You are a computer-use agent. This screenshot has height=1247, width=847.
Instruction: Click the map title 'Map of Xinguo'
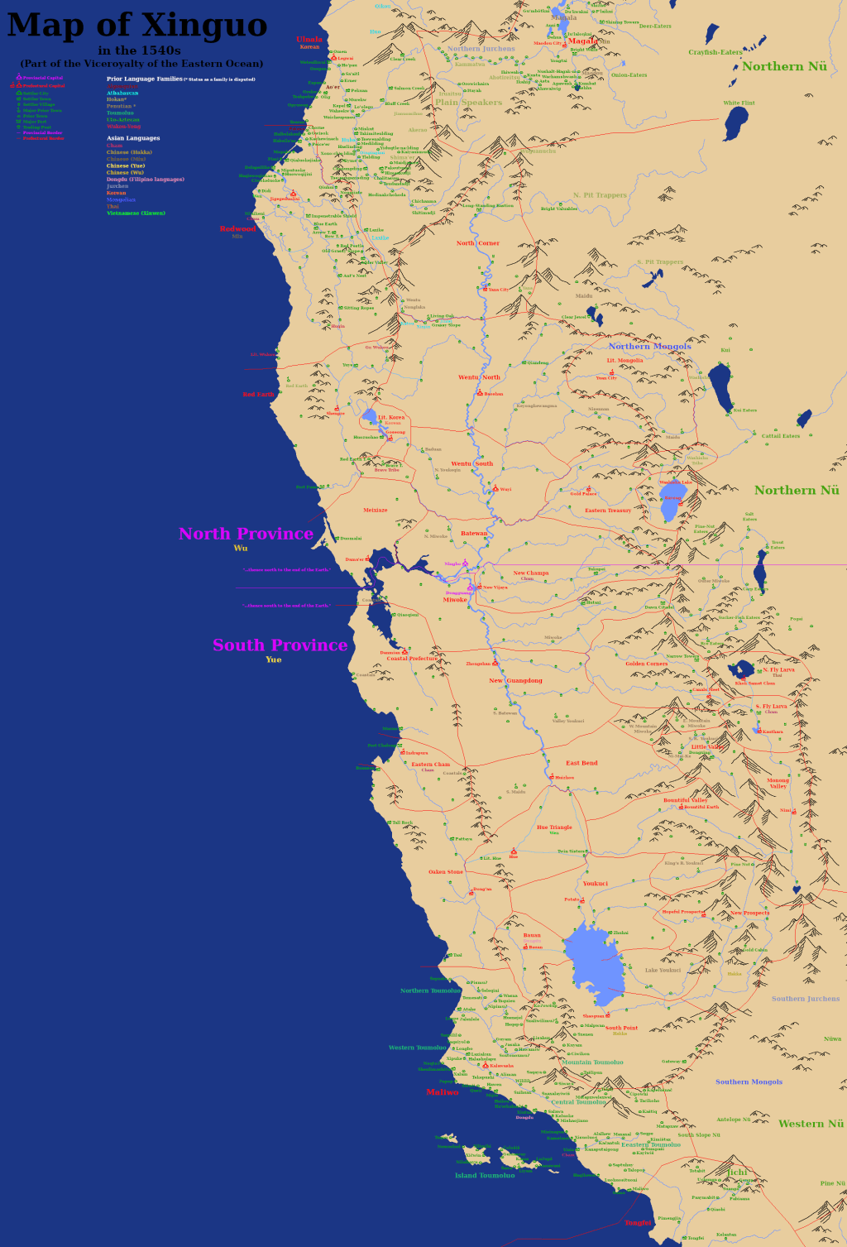click(137, 25)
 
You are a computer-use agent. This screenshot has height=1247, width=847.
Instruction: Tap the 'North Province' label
click(246, 534)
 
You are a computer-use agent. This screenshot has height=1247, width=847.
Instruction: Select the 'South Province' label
click(280, 645)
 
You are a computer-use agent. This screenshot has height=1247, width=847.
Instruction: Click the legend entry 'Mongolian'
click(121, 199)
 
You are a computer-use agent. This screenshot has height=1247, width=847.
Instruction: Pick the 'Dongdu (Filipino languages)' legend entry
click(145, 180)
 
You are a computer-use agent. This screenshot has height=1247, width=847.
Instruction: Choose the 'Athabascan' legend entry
click(122, 93)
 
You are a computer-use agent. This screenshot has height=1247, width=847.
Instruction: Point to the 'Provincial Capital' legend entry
click(42, 78)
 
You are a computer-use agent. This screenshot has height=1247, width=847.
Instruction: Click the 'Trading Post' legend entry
click(36, 127)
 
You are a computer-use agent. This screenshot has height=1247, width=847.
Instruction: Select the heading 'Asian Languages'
click(133, 138)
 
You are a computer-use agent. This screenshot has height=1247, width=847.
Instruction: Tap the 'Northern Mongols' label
click(649, 347)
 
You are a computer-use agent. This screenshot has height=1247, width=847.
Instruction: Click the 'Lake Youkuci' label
click(663, 971)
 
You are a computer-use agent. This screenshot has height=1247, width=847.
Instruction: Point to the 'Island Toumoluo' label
click(485, 1175)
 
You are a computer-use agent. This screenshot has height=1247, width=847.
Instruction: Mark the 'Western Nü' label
click(811, 1124)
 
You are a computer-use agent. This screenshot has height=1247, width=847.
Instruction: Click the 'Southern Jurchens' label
click(805, 999)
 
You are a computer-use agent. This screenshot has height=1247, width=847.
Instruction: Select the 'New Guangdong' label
click(515, 681)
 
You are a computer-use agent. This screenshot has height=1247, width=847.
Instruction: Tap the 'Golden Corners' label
click(646, 664)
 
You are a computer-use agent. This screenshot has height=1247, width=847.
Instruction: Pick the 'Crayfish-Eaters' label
click(715, 52)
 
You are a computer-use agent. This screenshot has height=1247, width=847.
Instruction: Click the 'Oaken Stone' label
click(446, 872)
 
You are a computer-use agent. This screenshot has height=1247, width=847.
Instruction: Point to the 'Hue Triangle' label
click(554, 827)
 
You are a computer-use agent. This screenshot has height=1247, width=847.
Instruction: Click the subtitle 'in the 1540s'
click(139, 50)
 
